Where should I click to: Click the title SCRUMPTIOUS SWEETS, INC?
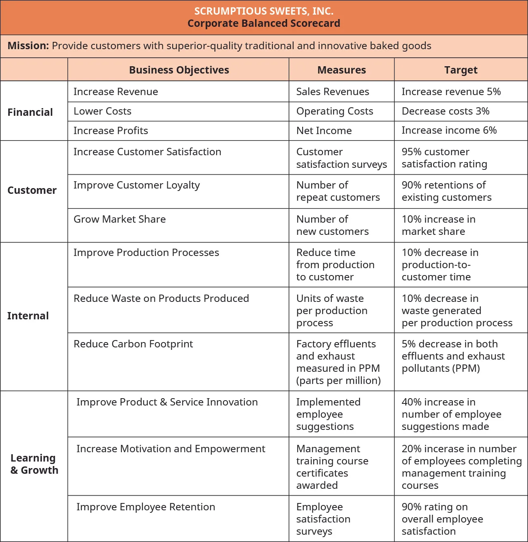(264, 11)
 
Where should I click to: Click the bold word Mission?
(28, 46)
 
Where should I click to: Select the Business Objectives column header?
(179, 70)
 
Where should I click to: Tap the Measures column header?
(341, 70)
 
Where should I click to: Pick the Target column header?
(461, 70)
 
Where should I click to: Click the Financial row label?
(30, 112)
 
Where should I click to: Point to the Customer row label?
(32, 190)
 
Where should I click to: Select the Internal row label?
(28, 316)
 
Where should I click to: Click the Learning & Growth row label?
(34, 464)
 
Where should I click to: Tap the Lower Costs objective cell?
(102, 111)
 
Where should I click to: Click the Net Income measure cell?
(324, 131)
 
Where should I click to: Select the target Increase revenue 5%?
(451, 92)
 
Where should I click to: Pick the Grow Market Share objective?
(119, 219)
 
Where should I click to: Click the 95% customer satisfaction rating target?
(444, 158)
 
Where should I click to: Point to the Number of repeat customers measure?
(338, 191)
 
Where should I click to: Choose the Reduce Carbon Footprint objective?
(133, 344)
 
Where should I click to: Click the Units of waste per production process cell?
(331, 310)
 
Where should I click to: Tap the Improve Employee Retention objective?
(145, 507)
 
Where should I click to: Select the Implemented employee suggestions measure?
(328, 414)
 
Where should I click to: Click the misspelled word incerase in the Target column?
(444, 449)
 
